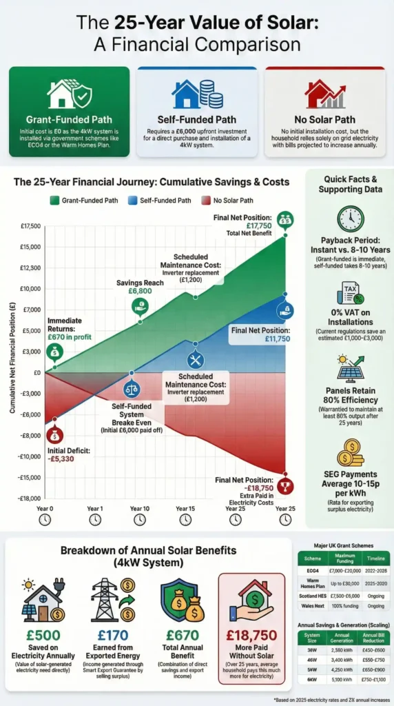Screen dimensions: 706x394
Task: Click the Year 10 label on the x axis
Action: click(x=138, y=508)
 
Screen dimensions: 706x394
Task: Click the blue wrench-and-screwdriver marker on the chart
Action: click(x=196, y=359)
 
